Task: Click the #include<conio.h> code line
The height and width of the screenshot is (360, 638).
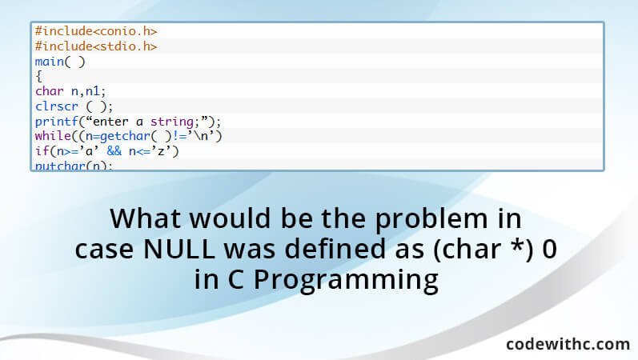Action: click(x=95, y=30)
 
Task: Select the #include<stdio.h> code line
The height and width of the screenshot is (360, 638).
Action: click(x=95, y=46)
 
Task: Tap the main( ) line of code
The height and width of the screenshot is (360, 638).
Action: click(x=60, y=61)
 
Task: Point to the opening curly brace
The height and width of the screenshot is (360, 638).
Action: click(x=38, y=76)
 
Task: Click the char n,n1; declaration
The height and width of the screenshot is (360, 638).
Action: click(x=70, y=90)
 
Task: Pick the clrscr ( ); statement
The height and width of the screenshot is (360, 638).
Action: click(x=74, y=106)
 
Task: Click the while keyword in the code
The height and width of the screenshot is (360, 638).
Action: click(x=51, y=136)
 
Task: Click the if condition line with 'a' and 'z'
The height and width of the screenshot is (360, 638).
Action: click(x=106, y=151)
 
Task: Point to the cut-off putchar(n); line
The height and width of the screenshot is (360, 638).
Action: click(x=74, y=166)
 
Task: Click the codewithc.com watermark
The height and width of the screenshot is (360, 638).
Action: click(x=568, y=344)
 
